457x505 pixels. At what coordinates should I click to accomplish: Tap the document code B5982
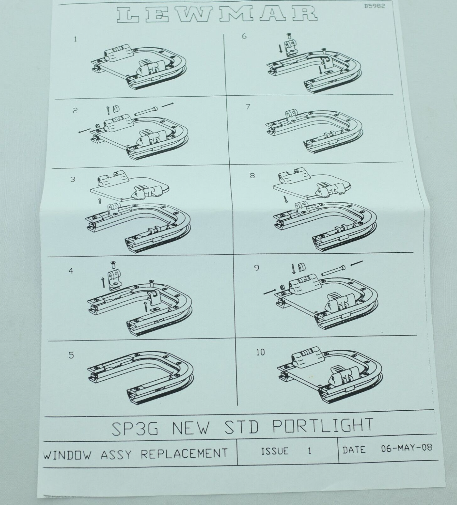375,6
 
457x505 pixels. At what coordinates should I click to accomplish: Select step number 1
75,39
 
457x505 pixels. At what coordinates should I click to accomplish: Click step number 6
244,36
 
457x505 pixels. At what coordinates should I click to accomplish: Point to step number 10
260,352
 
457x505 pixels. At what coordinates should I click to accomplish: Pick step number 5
71,355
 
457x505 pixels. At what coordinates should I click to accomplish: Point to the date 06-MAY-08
407,448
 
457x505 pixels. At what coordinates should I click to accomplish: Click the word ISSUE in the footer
275,451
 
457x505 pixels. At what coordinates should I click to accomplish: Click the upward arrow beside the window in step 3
100,201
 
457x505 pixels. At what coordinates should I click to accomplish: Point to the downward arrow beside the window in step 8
286,199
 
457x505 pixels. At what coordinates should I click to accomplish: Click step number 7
248,107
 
